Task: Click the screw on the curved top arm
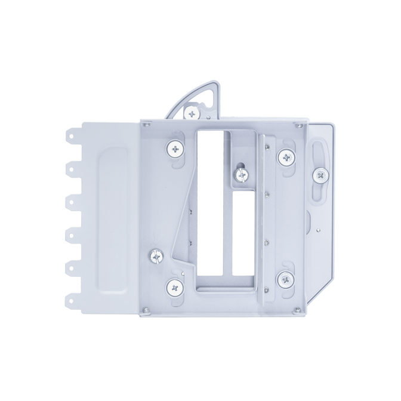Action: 191,112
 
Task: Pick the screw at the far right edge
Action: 320,174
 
